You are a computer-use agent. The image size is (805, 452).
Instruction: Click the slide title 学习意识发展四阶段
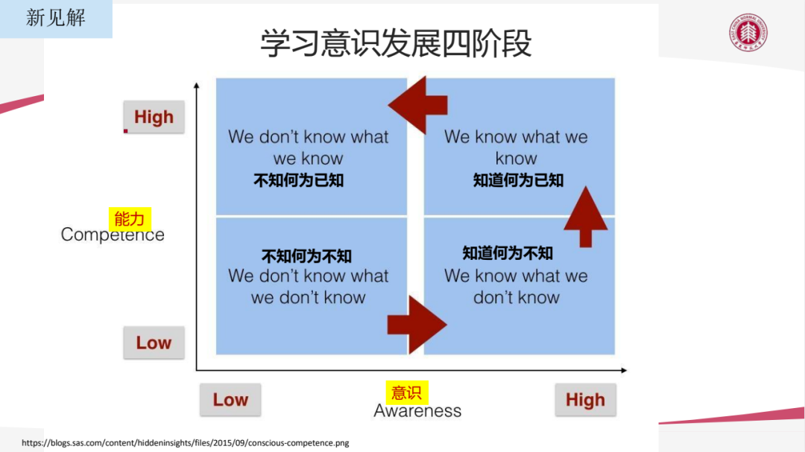coord(396,43)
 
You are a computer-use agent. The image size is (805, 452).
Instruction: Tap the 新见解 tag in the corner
coord(56,18)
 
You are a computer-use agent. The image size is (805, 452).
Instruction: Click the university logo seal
coord(748,34)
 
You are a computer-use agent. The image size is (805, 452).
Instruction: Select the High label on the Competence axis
coord(154,118)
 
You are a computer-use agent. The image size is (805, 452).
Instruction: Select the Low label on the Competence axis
coord(154,343)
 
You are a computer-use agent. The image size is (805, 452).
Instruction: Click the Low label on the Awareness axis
coord(230,400)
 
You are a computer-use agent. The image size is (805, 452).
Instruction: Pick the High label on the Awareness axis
coord(585,400)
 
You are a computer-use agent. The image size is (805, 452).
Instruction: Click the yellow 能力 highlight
coord(130,218)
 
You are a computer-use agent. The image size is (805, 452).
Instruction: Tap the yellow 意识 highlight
coord(407,392)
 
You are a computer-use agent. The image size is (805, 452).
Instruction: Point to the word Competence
coord(113,235)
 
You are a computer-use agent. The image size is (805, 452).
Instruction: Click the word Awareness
coord(417,411)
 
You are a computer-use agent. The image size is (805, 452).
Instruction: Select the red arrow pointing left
coord(421,104)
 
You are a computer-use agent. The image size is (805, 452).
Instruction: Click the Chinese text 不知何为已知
coord(299,180)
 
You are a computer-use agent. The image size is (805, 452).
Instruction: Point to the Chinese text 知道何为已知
coord(518,180)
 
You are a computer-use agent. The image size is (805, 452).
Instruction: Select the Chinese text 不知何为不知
coord(306,256)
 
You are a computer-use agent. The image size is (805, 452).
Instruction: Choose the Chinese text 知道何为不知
coord(508,253)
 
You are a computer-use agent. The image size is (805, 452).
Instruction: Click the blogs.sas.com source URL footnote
coord(185,443)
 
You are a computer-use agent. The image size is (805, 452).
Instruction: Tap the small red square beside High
coord(126,131)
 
